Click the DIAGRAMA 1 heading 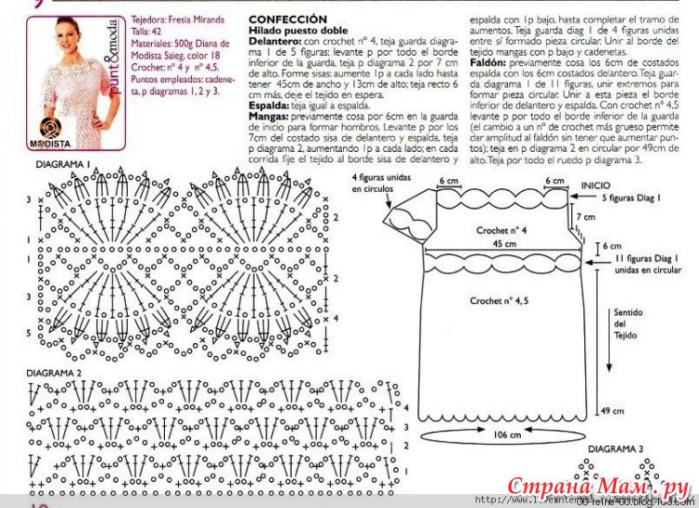coord(62,165)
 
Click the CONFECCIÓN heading coord(288,19)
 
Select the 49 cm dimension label coord(612,411)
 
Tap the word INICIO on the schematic coord(596,185)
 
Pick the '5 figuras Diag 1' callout coord(630,199)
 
